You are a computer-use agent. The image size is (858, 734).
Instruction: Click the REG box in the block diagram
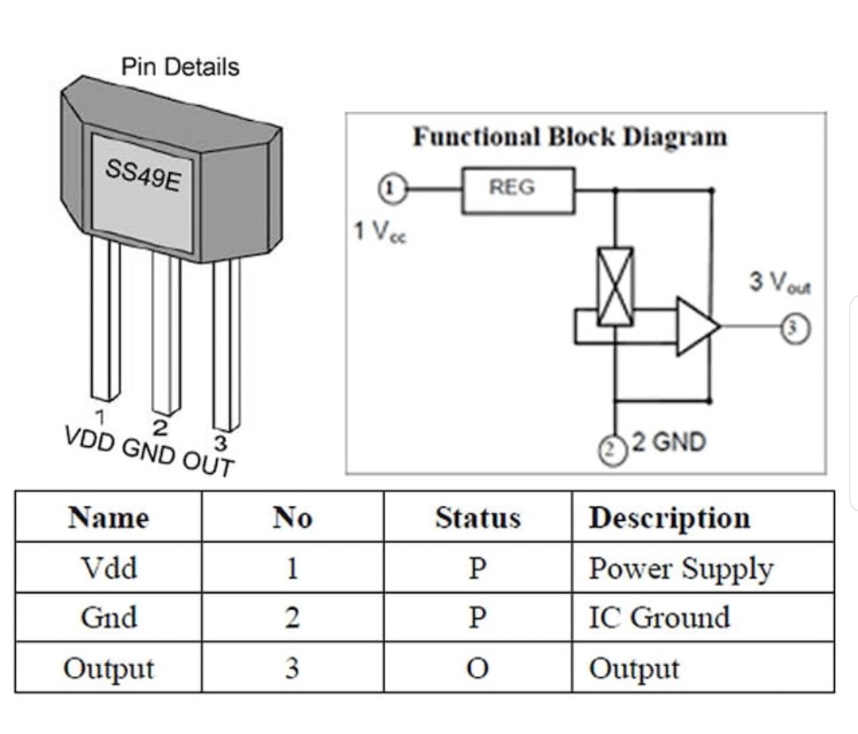518,190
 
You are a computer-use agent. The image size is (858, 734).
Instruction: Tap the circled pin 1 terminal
391,189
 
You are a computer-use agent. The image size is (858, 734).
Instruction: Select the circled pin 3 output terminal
798,327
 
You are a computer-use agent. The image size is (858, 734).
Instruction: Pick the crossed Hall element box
615,286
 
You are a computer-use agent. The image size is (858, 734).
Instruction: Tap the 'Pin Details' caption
180,68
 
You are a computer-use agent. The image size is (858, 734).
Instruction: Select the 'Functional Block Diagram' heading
570,137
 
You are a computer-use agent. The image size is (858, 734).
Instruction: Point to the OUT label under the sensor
210,461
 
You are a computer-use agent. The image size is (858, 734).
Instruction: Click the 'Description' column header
669,518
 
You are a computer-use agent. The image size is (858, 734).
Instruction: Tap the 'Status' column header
477,518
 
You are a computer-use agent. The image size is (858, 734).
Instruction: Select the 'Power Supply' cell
680,569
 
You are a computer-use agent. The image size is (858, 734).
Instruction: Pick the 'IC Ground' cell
659,617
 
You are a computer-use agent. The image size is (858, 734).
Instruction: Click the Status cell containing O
477,668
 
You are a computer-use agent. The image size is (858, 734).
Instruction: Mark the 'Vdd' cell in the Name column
108,568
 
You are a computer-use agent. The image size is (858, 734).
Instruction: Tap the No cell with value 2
292,618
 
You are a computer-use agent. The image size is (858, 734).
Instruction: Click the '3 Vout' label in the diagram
781,282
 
